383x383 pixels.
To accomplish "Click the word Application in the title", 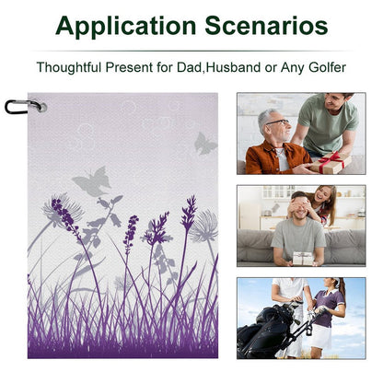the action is pos(126,27).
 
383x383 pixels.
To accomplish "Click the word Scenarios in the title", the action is pos(266,26).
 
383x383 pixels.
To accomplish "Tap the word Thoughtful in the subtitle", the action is pos(69,67).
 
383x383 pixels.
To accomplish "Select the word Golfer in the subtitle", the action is pos(328,67).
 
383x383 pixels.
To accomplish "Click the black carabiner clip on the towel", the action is pos(21,107).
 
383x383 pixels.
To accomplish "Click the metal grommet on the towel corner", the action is pos(42,107).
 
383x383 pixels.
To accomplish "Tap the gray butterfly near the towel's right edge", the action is pos(205,144).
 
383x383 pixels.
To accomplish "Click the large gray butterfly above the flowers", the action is pos(92,181).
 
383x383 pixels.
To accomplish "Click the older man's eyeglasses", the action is pos(278,122).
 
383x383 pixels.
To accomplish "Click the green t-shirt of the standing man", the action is pos(328,123).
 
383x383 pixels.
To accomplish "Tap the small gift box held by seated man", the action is pos(303,259).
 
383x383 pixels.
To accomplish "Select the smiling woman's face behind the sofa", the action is pos(321,194).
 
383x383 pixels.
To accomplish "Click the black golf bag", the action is pos(266,332).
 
